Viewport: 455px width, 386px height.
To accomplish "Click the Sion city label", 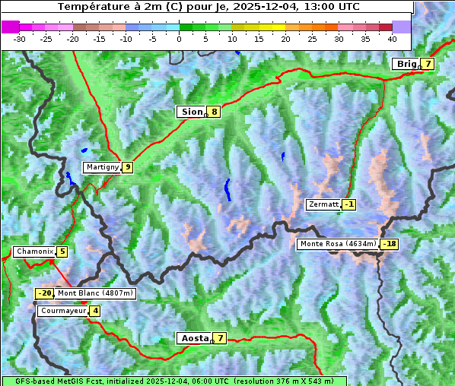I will (x=192, y=112).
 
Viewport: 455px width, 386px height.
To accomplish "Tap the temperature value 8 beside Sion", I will (x=215, y=112).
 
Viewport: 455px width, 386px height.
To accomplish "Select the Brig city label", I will (x=406, y=64).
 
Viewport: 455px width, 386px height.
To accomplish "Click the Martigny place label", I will (x=101, y=167).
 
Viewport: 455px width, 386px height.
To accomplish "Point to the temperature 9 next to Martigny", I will (x=127, y=167).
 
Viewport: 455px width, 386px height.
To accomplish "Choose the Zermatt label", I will (x=323, y=204).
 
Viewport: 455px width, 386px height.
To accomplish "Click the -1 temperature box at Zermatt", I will (x=348, y=204).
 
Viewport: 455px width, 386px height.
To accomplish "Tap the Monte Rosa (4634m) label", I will (x=338, y=244).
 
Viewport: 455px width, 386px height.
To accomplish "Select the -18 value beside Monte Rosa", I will (x=390, y=244).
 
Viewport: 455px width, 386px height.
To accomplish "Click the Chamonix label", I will (x=33, y=252).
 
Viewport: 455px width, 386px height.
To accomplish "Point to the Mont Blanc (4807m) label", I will (x=95, y=293).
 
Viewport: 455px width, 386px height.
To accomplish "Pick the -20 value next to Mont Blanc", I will (x=44, y=293).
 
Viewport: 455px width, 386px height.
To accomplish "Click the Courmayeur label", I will (x=62, y=311).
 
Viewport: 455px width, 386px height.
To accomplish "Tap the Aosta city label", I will (x=193, y=338).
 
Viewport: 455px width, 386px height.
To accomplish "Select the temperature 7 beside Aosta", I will (x=220, y=338).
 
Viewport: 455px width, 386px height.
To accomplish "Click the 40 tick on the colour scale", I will (x=392, y=39).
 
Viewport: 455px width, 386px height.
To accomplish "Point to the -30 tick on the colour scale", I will (x=20, y=39).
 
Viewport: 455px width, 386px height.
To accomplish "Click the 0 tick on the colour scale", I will (x=180, y=39).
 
